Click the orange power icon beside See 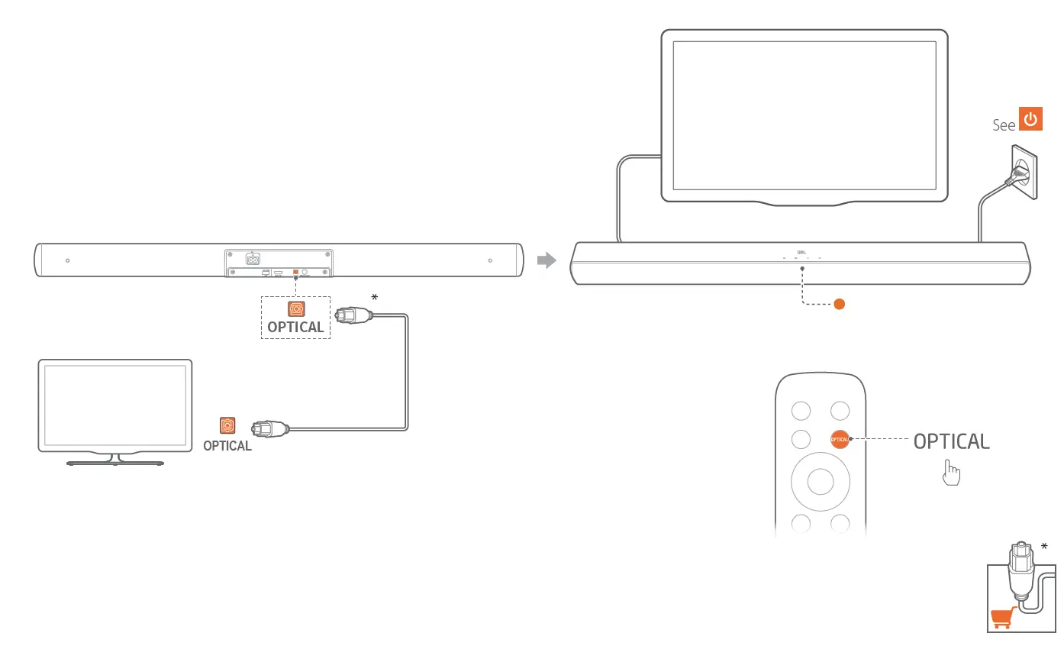tap(1031, 120)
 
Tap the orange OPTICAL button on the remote tap(840, 439)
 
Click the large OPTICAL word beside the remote tap(951, 441)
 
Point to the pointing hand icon tap(951, 473)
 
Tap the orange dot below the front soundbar tap(839, 304)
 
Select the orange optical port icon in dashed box tap(296, 308)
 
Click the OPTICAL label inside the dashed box tap(295, 328)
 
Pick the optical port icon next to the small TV tap(227, 425)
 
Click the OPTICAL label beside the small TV tap(227, 446)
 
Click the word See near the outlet tap(1004, 125)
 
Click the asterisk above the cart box tap(1044, 546)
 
